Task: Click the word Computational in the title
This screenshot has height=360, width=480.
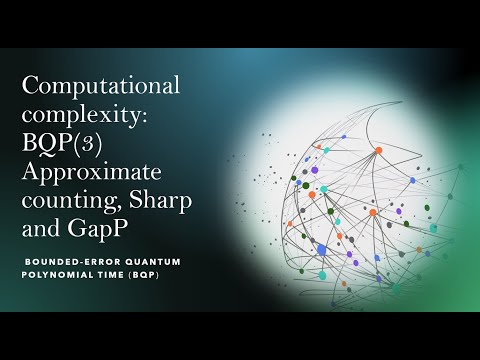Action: coord(101,86)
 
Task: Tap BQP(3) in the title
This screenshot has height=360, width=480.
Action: coord(61,146)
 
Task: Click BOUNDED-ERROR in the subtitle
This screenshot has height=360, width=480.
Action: coord(66,261)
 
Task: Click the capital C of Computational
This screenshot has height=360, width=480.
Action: coord(31,86)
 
